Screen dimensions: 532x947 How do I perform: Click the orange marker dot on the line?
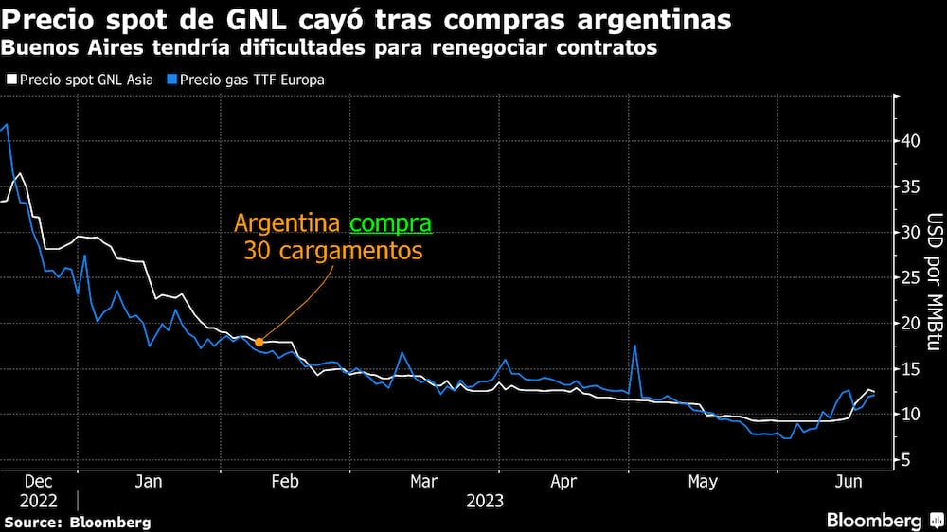click(259, 343)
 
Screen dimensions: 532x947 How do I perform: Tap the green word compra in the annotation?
click(390, 224)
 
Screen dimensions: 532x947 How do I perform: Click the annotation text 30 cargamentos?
click(332, 253)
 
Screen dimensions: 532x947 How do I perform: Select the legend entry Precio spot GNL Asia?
click(80, 80)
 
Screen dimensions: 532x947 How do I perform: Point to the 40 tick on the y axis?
click(909, 141)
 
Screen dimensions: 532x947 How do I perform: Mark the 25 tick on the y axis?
click(909, 277)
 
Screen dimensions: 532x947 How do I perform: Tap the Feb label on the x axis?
click(285, 482)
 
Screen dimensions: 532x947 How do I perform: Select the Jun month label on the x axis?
click(848, 482)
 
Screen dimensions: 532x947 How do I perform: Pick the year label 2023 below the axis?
click(484, 501)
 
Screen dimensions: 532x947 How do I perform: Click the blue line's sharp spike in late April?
click(634, 346)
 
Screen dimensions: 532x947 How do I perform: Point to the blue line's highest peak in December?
click(8, 124)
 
